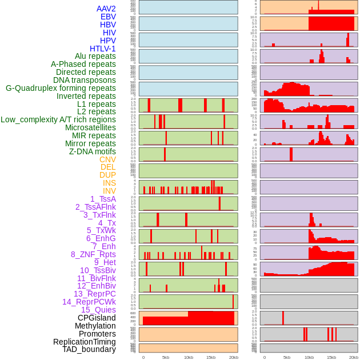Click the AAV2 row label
pos(106,9)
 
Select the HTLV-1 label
pos(103,49)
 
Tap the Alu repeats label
pos(95,56)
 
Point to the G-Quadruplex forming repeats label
pos(61,88)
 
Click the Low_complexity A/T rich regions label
pos(58,119)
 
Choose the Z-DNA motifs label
pos(93,151)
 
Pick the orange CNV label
pos(107,159)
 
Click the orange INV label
pos(109,191)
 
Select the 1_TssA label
pos(103,199)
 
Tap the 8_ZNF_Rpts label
pos(93,254)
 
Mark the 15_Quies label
pos(98,310)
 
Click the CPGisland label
pos(97,318)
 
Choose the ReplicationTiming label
pos(85,342)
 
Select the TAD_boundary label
pos(89,349)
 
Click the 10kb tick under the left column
pos(188,357)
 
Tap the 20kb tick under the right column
pos(354,357)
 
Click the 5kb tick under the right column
pos(286,357)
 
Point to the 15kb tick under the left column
pos(210,357)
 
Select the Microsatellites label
pos(90,127)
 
